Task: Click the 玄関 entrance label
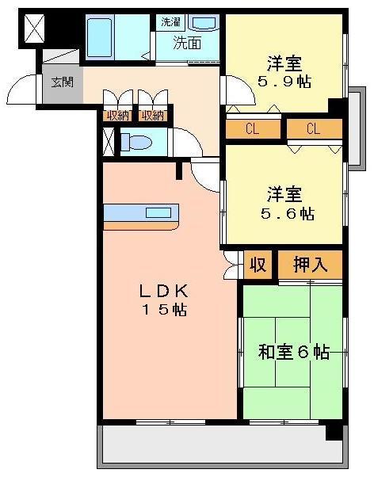click(63, 82)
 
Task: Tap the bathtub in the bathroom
click(98, 37)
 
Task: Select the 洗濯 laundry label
click(170, 22)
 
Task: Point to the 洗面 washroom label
click(187, 44)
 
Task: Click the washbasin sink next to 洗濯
click(204, 22)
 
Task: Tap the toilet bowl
click(136, 142)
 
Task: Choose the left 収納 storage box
click(118, 116)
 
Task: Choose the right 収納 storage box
click(153, 116)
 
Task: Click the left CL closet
click(253, 129)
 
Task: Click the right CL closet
click(315, 129)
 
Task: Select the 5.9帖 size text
click(284, 82)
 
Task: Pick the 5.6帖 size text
click(288, 214)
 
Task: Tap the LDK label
click(164, 292)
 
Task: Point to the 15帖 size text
click(164, 310)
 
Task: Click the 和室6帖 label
click(294, 352)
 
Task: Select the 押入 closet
click(311, 265)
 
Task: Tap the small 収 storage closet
click(258, 265)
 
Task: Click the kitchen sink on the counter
click(158, 212)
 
